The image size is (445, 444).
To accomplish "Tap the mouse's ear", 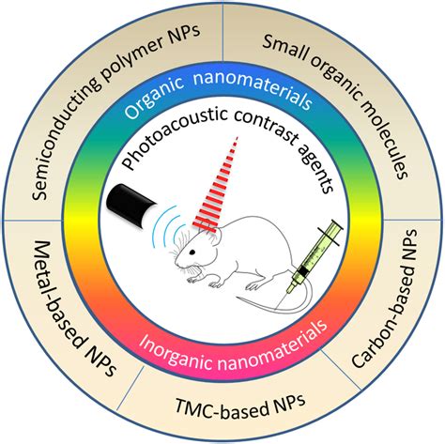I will tap(202, 234).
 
